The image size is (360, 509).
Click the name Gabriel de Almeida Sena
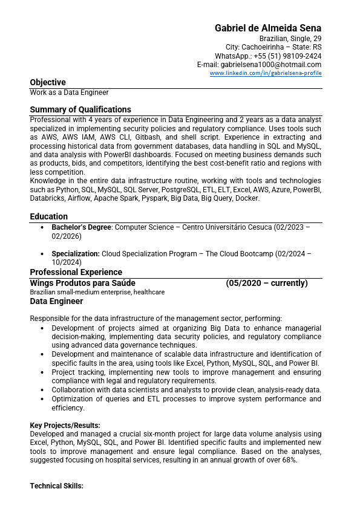[x=268, y=28]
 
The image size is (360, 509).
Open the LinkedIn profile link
[x=266, y=73]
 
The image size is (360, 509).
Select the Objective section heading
[x=48, y=82]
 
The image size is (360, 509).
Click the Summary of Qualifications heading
[x=80, y=109]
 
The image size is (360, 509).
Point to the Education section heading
[x=49, y=216]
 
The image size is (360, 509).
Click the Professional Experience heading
[x=76, y=272]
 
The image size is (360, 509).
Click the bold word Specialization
[x=76, y=254]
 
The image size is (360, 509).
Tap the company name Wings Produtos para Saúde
[x=83, y=283]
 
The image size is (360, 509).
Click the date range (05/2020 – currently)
[x=267, y=283]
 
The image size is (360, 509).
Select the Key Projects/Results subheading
[x=65, y=426]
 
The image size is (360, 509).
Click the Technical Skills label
[x=57, y=486]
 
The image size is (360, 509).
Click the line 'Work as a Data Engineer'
[x=69, y=92]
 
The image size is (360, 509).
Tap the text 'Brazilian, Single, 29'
[x=290, y=38]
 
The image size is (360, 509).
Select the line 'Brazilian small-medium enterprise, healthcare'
[x=97, y=292]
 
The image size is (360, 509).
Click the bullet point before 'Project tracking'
[x=42, y=372]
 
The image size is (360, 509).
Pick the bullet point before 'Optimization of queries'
[x=42, y=399]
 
